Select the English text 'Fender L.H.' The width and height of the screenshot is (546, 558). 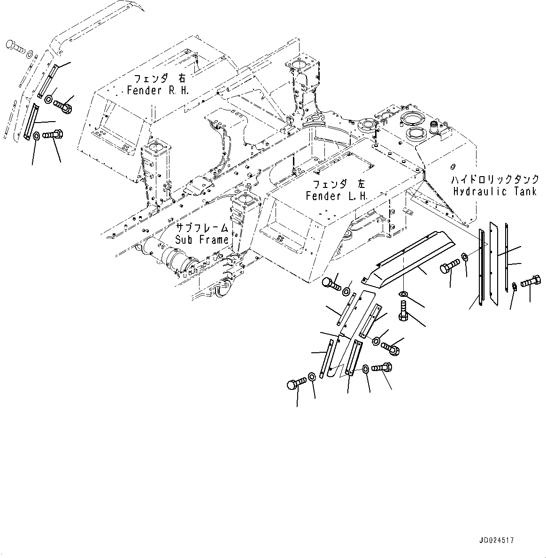coord(337,196)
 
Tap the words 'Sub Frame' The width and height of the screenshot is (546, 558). coord(202,240)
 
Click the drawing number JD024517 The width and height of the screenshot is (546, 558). coord(497,541)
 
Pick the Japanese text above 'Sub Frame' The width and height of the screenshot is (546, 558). coord(202,228)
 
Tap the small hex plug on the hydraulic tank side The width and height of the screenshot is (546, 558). coord(453,166)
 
